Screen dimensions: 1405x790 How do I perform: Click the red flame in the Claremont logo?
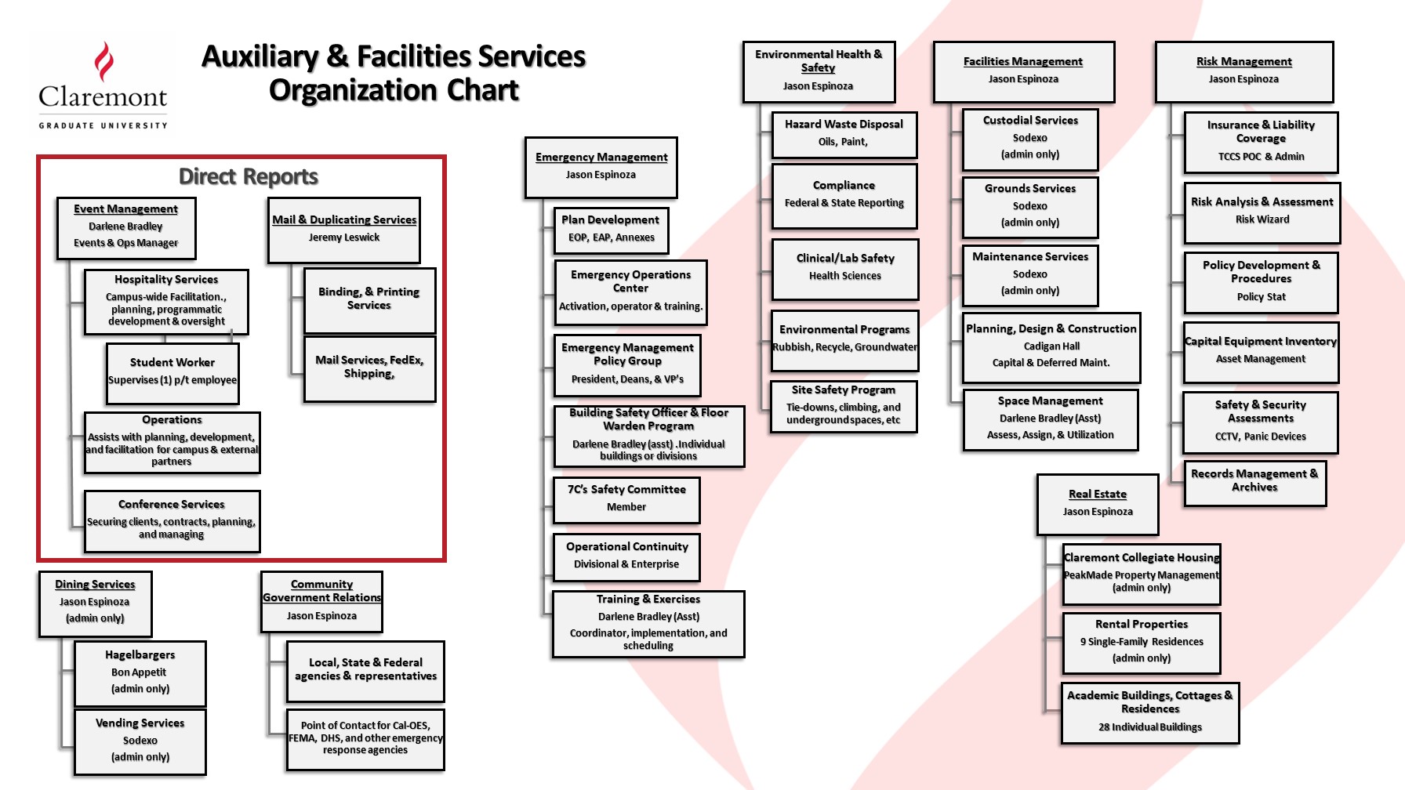pos(103,62)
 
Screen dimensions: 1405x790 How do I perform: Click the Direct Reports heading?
pos(249,176)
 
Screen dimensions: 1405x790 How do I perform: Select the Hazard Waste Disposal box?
pos(844,135)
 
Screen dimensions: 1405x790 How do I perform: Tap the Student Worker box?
pos(172,373)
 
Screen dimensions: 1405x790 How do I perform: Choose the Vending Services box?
pos(140,741)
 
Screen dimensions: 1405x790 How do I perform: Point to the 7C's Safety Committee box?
pos(626,499)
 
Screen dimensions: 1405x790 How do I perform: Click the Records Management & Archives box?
pos(1254,483)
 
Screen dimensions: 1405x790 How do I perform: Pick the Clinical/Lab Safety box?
pos(845,269)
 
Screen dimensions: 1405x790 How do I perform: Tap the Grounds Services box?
pos(1030,207)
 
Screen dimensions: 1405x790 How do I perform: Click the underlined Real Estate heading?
pos(1098,494)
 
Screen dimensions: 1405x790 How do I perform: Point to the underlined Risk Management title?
pos(1244,61)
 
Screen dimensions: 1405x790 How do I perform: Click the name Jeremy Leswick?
pos(344,237)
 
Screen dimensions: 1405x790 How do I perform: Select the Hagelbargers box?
pos(140,673)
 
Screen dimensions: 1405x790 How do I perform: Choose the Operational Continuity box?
pos(626,556)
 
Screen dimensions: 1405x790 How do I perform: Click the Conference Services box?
pos(172,521)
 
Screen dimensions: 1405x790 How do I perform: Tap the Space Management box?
pos(1051,419)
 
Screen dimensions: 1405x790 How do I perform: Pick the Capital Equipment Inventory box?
pos(1261,352)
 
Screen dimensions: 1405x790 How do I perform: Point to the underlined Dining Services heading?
pos(95,584)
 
